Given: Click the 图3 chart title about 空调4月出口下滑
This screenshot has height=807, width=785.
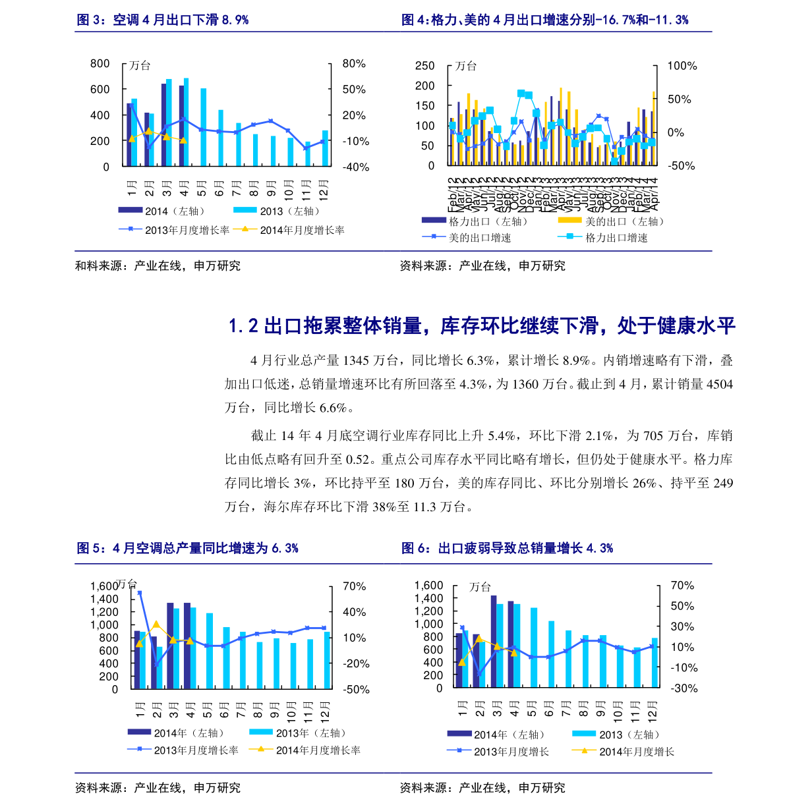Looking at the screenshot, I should [163, 20].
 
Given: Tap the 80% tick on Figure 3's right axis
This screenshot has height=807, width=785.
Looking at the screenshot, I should [354, 64].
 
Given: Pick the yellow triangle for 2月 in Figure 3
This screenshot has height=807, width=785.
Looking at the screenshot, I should [149, 131].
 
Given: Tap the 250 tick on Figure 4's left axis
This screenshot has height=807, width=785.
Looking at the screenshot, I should [425, 66].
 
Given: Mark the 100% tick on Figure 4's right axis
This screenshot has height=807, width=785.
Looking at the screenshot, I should [682, 66].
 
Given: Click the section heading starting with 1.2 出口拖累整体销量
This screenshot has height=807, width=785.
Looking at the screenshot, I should [481, 325].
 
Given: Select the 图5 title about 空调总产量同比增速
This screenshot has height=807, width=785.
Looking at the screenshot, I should [188, 548].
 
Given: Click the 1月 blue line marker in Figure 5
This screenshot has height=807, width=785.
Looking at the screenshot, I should [139, 593].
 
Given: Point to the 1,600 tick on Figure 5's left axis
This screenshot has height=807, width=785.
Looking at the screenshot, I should [104, 586].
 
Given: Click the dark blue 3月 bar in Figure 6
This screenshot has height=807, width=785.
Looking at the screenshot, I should [494, 642].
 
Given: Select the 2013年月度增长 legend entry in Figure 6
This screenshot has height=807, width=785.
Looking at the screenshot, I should [511, 752].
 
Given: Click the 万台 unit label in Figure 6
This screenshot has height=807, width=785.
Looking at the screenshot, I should [480, 587].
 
